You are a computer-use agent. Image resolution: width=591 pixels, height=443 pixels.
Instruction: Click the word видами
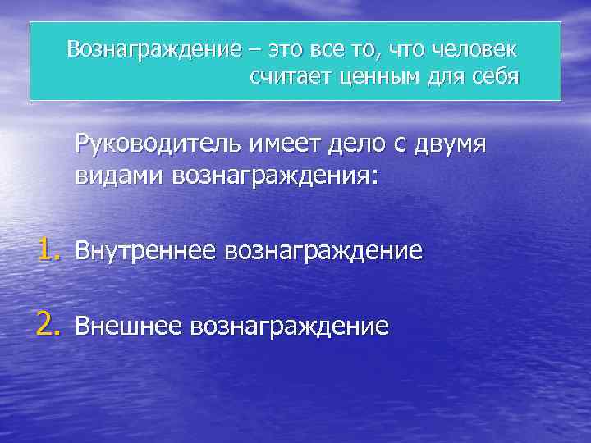pyautogui.click(x=119, y=176)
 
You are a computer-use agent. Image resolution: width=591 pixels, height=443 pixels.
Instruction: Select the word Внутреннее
pyautogui.click(x=139, y=251)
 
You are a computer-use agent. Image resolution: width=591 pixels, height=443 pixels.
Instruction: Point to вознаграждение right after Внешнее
pyautogui.click(x=289, y=328)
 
